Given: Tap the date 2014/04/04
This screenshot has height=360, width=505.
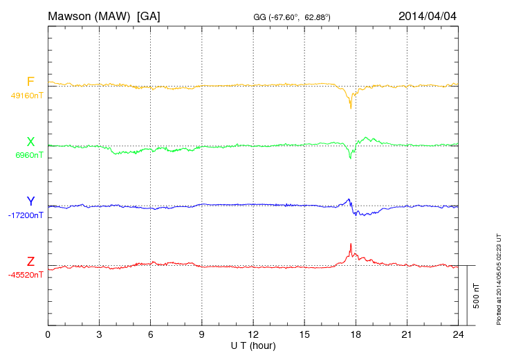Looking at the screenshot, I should pyautogui.click(x=428, y=16).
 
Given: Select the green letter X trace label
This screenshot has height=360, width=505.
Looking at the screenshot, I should pyautogui.click(x=30, y=142).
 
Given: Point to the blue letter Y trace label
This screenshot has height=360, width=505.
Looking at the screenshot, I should pyautogui.click(x=30, y=201).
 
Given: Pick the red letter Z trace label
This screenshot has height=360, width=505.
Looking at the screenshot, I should pyautogui.click(x=30, y=261).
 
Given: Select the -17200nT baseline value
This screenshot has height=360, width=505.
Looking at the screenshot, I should pyautogui.click(x=26, y=215).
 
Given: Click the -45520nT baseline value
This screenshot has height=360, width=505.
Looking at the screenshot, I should pyautogui.click(x=26, y=275).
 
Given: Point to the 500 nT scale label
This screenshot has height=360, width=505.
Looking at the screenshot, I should pyautogui.click(x=477, y=296).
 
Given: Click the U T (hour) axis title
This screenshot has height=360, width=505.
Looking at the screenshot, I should pyautogui.click(x=253, y=345).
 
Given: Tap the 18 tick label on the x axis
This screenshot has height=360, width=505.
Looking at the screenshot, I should pyautogui.click(x=356, y=334).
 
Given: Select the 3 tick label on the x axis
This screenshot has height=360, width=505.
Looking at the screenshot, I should pyautogui.click(x=99, y=334).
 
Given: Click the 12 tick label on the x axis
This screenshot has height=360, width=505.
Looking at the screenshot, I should pyautogui.click(x=253, y=334).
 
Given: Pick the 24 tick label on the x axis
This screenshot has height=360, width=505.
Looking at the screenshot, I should pyautogui.click(x=458, y=334).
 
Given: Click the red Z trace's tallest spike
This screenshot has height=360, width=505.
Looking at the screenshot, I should pyautogui.click(x=351, y=244).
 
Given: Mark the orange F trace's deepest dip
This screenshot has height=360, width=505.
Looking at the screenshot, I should pyautogui.click(x=351, y=107).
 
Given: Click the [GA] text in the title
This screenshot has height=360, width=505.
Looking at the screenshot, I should pyautogui.click(x=149, y=16).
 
